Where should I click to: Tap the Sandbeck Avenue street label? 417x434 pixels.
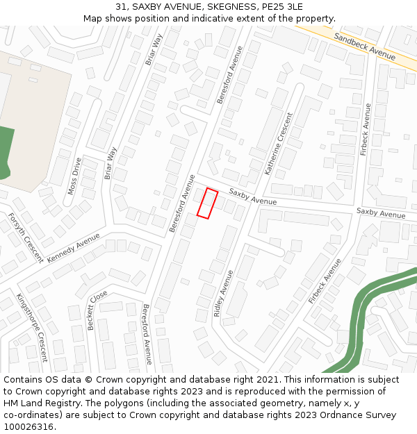(364, 47)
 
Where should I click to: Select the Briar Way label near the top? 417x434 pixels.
(154, 49)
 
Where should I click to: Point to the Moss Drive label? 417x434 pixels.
(74, 176)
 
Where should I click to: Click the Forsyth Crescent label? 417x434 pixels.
(26, 237)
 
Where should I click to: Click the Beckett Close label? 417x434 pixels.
(97, 310)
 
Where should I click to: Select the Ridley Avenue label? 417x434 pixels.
(223, 293)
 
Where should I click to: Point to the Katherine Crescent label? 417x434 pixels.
(279, 143)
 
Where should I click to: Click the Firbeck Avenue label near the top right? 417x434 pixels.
(366, 130)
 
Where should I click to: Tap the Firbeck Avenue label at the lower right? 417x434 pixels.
(325, 281)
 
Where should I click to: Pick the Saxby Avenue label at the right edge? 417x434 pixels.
(380, 213)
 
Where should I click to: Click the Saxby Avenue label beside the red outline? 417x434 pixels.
(253, 197)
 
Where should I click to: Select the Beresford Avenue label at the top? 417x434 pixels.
(231, 75)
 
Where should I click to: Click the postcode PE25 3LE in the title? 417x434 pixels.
(282, 7)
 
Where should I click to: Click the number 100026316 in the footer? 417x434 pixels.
(29, 427)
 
